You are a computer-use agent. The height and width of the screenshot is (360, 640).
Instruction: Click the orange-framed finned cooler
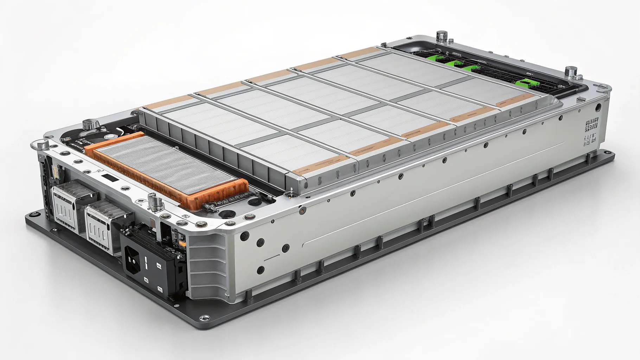(165, 169)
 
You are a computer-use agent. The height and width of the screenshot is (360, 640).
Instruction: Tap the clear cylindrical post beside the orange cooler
(154, 202)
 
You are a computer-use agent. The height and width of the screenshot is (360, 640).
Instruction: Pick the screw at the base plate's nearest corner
(203, 318)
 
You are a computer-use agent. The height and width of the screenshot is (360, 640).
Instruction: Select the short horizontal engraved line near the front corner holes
(271, 259)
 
